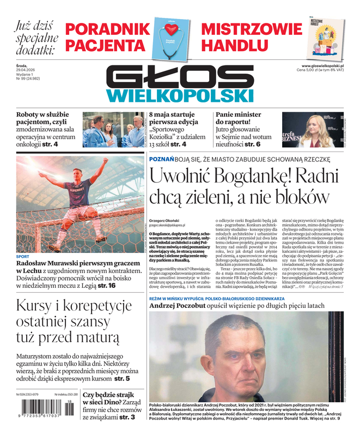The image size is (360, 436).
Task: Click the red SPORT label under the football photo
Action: (23, 256)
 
